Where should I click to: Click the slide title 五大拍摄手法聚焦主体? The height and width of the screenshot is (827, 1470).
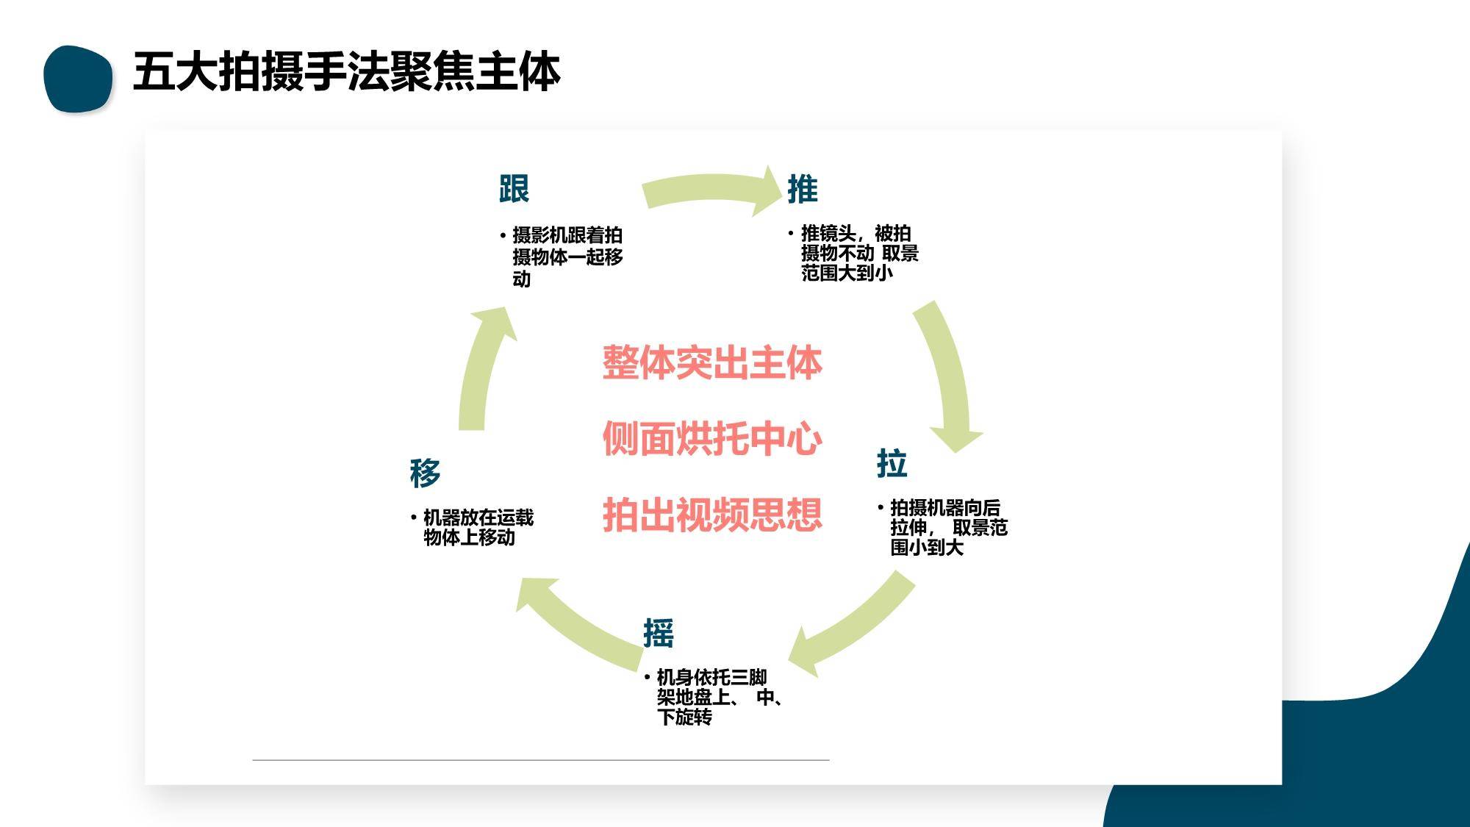[346, 72]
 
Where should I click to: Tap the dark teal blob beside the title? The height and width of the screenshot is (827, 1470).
[78, 79]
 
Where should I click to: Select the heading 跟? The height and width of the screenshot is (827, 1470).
[514, 189]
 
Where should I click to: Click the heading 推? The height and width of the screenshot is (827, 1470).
[802, 189]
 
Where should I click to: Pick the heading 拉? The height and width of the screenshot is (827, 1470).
[892, 464]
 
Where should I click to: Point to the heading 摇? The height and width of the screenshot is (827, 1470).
[659, 633]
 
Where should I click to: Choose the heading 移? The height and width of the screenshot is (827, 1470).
[425, 473]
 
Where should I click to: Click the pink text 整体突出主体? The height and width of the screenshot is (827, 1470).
[712, 363]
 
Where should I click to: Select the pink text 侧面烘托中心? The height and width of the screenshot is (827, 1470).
[712, 439]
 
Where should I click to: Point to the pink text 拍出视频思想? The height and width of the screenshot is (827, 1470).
[712, 515]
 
